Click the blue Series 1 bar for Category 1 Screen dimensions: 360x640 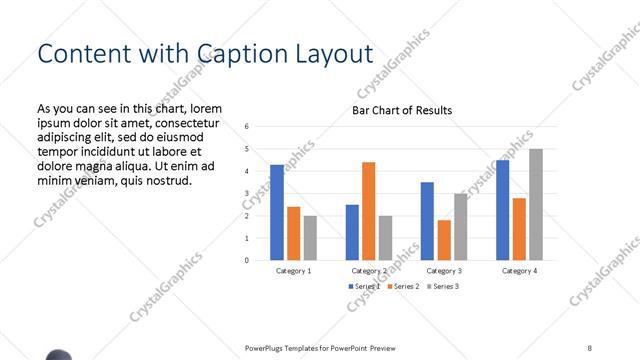pos(277,212)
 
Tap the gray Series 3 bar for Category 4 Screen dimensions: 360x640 pos(536,204)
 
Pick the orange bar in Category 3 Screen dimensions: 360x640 pos(444,240)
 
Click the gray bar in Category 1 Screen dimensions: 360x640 pos(310,238)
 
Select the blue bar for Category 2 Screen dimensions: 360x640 pos(352,232)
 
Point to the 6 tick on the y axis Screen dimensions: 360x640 pos(247,127)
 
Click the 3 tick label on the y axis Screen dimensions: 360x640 pos(247,193)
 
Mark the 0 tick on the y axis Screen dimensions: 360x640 pos(247,260)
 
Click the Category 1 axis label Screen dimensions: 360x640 pos(294,271)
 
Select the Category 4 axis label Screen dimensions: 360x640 pos(519,271)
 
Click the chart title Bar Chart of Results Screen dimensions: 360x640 pos(401,110)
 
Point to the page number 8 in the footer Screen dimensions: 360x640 pos(590,347)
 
